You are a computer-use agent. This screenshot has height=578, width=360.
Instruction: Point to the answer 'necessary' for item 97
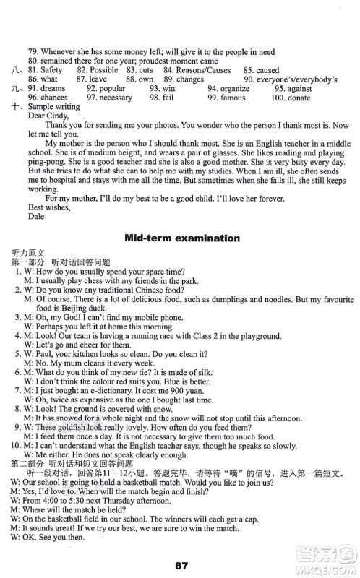(x=115, y=98)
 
